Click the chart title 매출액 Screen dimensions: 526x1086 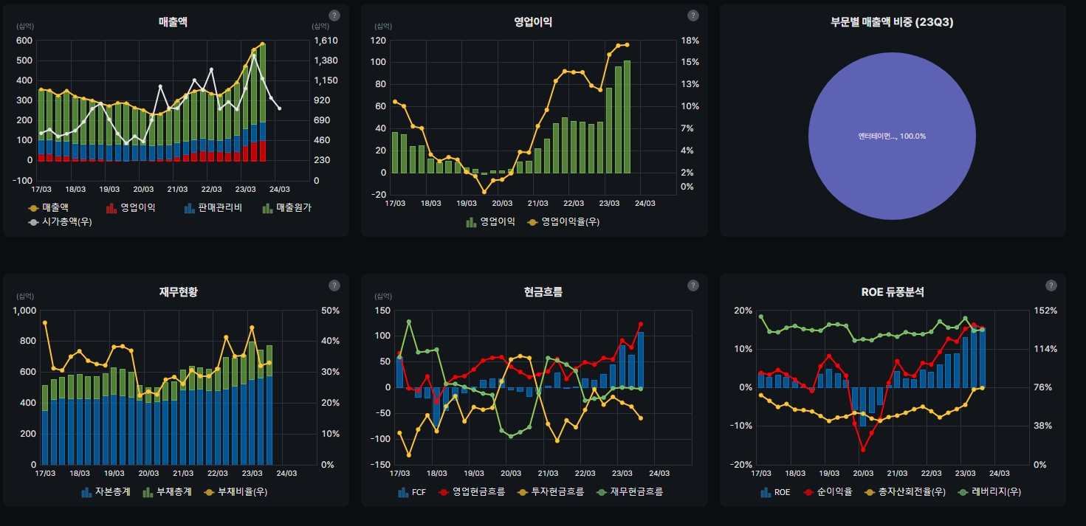[x=173, y=22]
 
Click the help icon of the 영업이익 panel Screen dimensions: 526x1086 [x=693, y=15]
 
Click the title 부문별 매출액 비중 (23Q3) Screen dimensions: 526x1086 [x=892, y=22]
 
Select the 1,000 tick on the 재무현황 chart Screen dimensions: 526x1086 [x=24, y=311]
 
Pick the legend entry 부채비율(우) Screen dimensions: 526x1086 [x=242, y=492]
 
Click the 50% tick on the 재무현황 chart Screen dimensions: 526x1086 [x=329, y=311]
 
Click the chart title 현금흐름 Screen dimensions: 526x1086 [x=533, y=292]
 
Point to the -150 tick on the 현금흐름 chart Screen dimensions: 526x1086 [x=381, y=465]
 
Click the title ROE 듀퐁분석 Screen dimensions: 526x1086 [x=892, y=292]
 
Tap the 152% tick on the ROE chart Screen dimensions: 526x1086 [x=1048, y=311]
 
